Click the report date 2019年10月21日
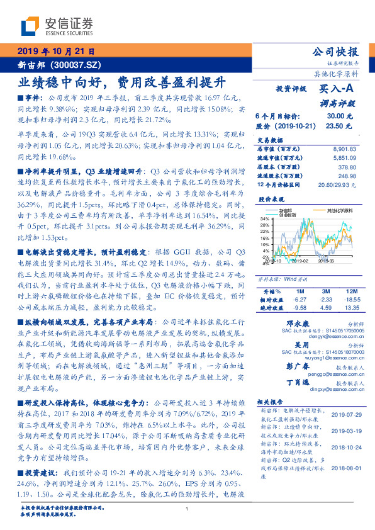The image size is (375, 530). tap(56, 52)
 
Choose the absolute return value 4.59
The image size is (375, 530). tap(327, 308)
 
